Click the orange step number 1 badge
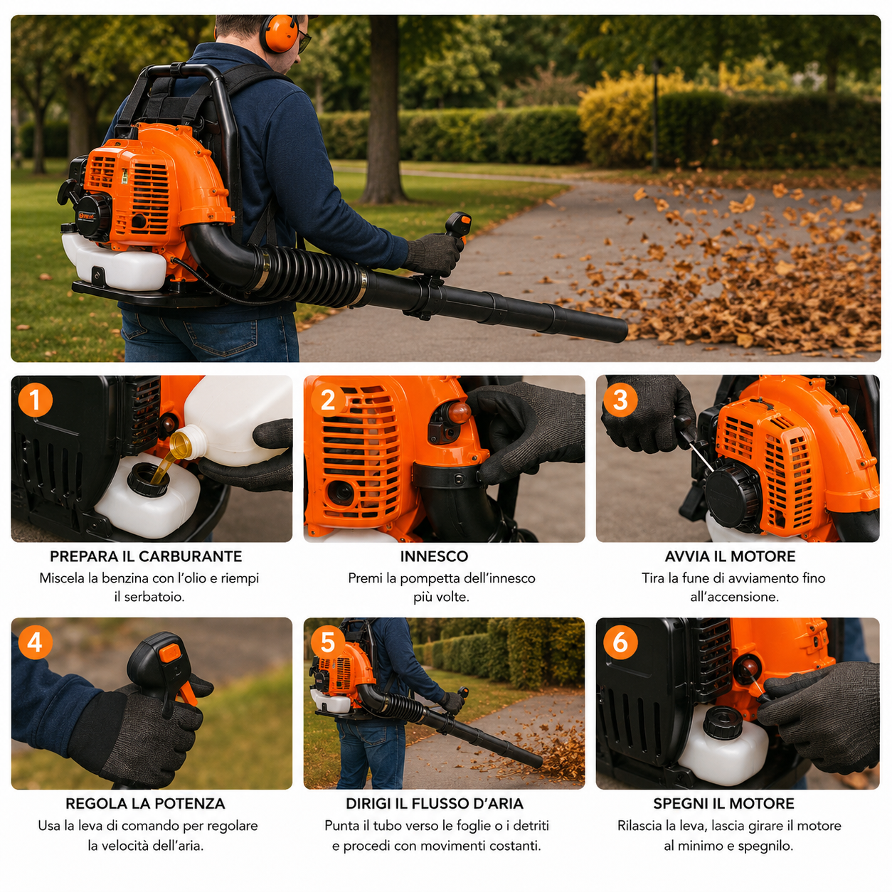[35, 399]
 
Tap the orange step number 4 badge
[35, 642]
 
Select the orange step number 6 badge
[620, 642]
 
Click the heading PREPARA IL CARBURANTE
[146, 556]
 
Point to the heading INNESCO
[434, 556]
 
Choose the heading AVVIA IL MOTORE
[730, 556]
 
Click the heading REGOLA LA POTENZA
[145, 804]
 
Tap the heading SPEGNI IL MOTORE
[723, 804]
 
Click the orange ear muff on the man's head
[279, 33]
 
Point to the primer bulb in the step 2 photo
[458, 413]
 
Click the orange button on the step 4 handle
[170, 653]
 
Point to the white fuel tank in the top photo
[113, 261]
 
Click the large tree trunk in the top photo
[383, 111]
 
